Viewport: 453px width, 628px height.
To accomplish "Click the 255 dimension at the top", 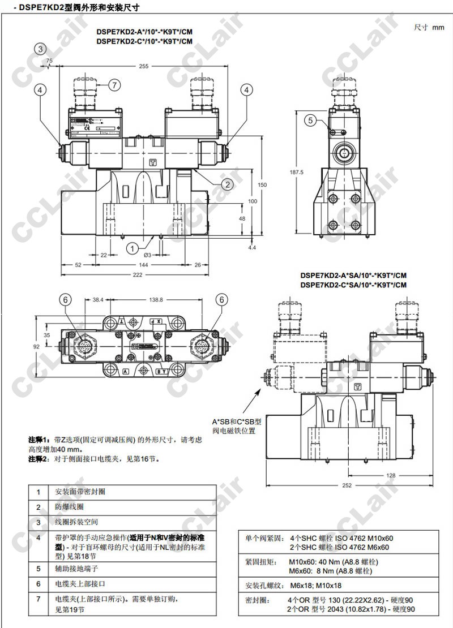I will (143, 66).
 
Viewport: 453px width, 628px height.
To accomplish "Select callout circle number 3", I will (40, 49).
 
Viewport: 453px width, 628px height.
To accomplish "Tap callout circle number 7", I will (114, 85).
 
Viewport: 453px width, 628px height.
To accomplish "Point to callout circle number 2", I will (226, 183).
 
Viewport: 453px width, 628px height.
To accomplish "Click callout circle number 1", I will (131, 248).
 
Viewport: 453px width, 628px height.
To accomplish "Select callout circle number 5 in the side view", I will (310, 119).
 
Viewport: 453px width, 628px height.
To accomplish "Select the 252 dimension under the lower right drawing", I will (347, 485).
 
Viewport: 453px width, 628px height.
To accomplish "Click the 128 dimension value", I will (391, 476).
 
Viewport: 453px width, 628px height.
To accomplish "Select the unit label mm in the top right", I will (438, 27).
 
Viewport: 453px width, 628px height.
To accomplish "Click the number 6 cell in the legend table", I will (39, 583).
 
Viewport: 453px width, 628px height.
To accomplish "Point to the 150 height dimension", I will (262, 185).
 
